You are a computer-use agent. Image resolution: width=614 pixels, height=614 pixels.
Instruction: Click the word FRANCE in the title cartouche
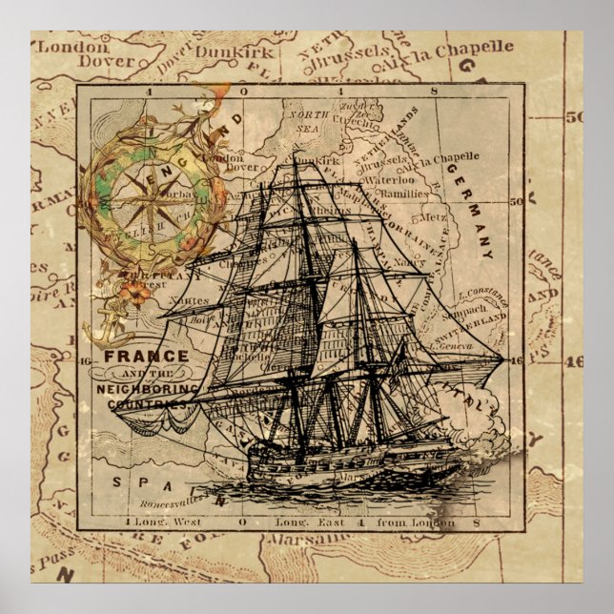(x=133, y=356)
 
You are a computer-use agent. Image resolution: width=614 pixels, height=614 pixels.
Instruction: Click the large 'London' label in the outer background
(x=73, y=45)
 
